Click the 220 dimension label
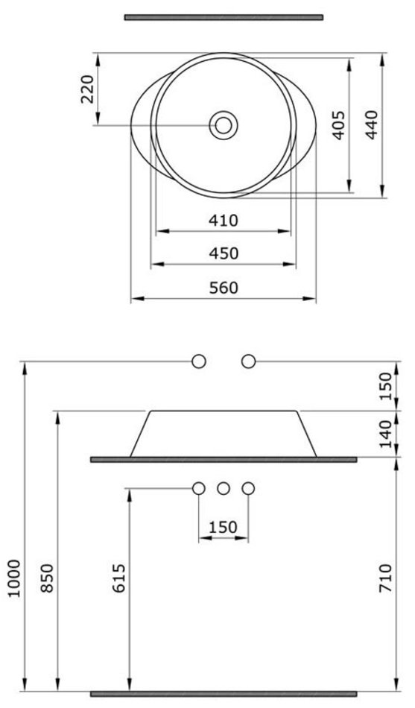[x=88, y=89]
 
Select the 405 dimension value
[x=339, y=125]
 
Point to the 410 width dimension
[x=223, y=221]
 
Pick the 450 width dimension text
[x=224, y=253]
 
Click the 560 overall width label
[x=224, y=288]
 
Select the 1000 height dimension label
[x=15, y=578]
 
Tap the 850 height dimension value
[x=47, y=578]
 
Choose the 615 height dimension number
[x=118, y=578]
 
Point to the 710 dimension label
[x=385, y=578]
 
